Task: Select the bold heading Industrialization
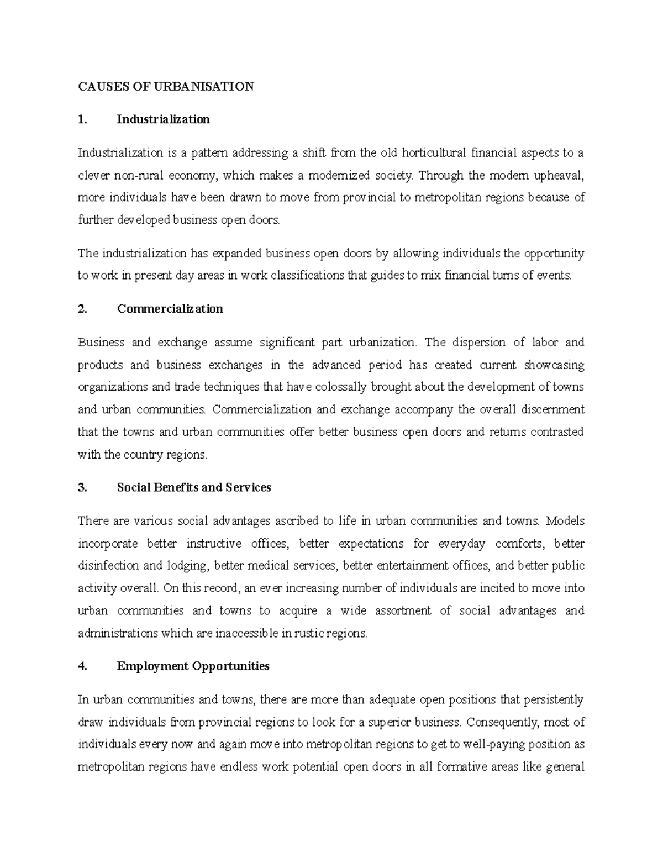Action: pyautogui.click(x=163, y=119)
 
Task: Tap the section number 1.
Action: pyautogui.click(x=82, y=119)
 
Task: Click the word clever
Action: pyautogui.click(x=93, y=176)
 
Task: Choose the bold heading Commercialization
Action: pyautogui.click(x=170, y=309)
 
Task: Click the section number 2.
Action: pyautogui.click(x=82, y=309)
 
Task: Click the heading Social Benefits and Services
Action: pyautogui.click(x=194, y=487)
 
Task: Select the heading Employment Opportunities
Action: pyautogui.click(x=193, y=666)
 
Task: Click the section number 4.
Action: pyautogui.click(x=82, y=666)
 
